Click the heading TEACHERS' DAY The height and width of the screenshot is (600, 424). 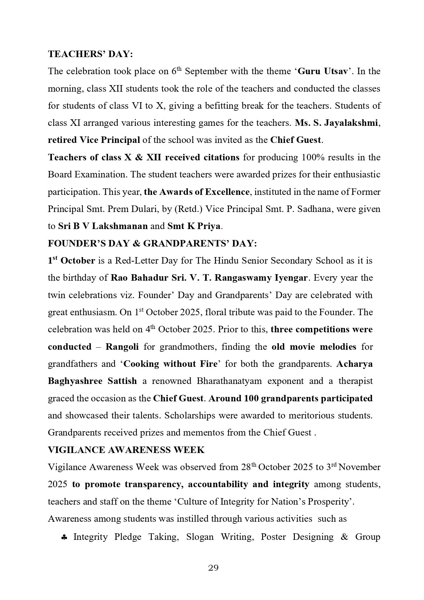[x=90, y=54]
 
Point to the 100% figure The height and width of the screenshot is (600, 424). [x=312, y=157]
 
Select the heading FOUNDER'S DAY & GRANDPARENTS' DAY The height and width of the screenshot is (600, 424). [x=152, y=243]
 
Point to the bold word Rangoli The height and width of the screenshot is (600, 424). [x=122, y=347]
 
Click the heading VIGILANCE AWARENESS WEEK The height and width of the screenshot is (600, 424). [x=126, y=450]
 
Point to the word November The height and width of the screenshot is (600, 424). [x=359, y=467]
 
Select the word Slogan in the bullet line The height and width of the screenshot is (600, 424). [x=200, y=537]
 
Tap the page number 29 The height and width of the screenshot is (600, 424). [x=213, y=568]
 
